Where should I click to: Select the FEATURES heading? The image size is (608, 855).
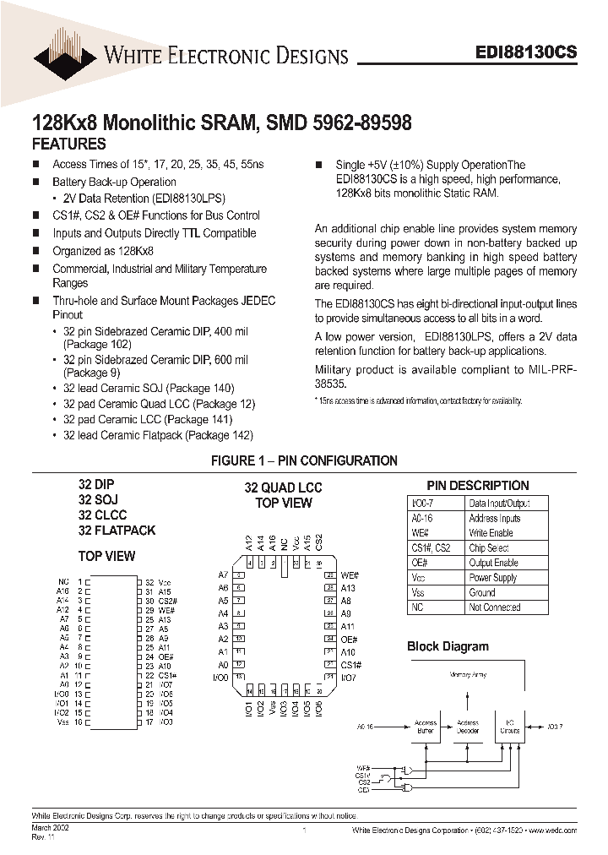(x=68, y=144)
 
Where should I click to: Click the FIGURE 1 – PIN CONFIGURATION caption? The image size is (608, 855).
(x=304, y=460)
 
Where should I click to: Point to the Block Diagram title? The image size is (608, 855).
(x=448, y=646)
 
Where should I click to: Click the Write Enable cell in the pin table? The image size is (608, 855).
(x=491, y=533)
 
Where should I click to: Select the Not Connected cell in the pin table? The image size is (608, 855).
(x=494, y=607)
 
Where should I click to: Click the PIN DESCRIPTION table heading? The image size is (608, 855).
(x=478, y=486)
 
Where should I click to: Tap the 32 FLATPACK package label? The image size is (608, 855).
(x=117, y=531)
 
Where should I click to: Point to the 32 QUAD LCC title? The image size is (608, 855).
(x=284, y=487)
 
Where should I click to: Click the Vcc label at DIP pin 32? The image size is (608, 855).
(x=164, y=582)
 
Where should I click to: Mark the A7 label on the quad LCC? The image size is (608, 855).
(x=224, y=575)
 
